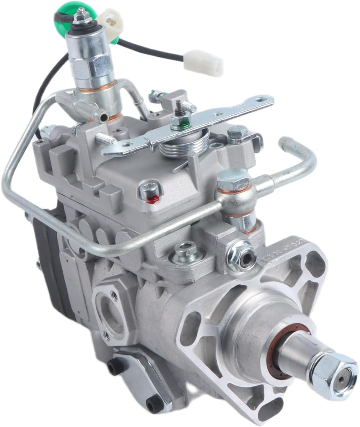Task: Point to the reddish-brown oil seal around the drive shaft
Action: [x=272, y=356]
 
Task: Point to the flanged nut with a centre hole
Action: [x=242, y=256]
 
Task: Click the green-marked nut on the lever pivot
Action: [x=180, y=121]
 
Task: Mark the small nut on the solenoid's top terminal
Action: [x=81, y=17]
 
